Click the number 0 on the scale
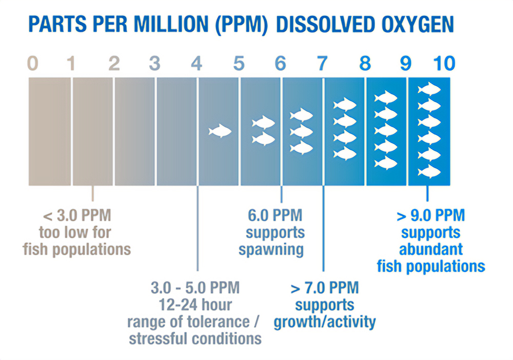point(32,64)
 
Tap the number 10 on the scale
point(444,64)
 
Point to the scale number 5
point(239,64)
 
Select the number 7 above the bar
point(322,64)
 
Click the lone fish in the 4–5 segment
point(220,131)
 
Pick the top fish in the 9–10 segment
point(429,90)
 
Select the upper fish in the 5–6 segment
point(264,123)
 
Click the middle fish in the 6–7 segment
point(302,131)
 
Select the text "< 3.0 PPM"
point(76,214)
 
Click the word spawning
point(274,250)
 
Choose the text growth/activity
point(325,322)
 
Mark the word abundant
point(431,249)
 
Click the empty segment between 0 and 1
point(49,131)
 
